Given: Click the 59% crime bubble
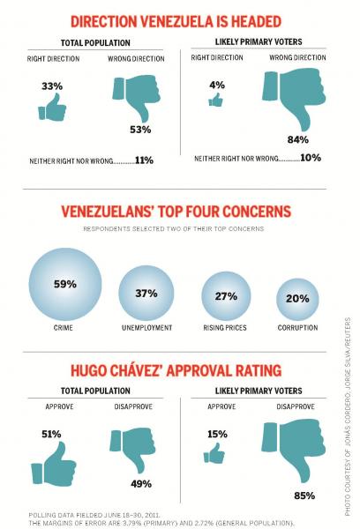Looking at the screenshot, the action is (65, 285).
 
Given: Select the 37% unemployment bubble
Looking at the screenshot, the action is (146, 294).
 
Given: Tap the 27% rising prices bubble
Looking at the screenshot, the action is (226, 296).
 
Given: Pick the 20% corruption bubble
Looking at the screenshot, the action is (297, 300).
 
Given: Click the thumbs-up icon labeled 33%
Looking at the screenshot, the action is (52, 108).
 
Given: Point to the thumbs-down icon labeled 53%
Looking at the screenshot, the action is (137, 96).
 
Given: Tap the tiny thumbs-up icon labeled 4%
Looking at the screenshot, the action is (216, 100).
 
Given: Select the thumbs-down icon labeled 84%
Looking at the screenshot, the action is (295, 98).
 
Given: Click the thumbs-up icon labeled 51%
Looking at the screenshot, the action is (54, 464).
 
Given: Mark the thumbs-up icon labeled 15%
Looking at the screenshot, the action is (214, 453).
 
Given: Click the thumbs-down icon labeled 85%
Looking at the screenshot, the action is (294, 451).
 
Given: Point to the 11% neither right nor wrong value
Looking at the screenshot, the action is (144, 160).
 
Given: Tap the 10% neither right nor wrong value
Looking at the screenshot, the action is (311, 158).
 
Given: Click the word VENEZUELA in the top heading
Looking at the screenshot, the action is (176, 21).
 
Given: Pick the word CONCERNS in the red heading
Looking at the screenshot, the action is (257, 212).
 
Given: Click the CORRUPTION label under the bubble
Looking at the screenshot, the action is (297, 328).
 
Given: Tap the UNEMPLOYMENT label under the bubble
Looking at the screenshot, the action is (146, 328).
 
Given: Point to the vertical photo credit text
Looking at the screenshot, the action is (348, 417).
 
